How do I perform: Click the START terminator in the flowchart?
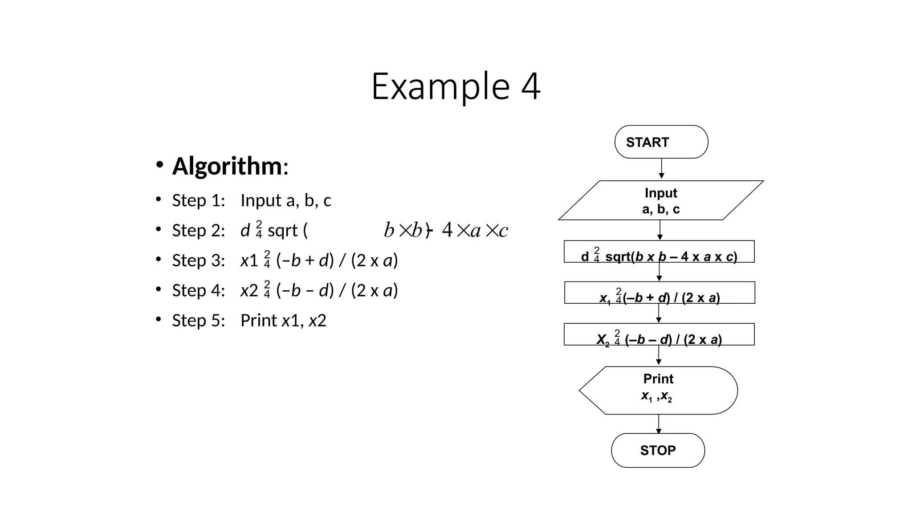coord(661,142)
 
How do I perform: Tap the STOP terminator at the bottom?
coord(658,450)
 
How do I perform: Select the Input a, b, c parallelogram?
coord(661,200)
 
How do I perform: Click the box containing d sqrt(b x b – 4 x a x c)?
coord(659,252)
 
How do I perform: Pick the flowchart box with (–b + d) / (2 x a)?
coord(660,293)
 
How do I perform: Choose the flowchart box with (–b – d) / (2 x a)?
coord(659,334)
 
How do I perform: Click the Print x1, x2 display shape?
coord(658,391)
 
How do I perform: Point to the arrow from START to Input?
coord(661,169)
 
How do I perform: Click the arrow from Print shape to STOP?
coord(659,424)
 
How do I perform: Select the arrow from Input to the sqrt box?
coord(660,230)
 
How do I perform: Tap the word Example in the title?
coord(440,86)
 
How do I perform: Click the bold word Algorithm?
coord(227,166)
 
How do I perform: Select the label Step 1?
coord(199,200)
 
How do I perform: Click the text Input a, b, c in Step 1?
coord(285,200)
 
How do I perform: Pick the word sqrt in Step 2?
coord(282,231)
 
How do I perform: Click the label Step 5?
coord(199,320)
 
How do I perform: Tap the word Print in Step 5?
coord(259,320)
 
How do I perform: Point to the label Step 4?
coord(199,290)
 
